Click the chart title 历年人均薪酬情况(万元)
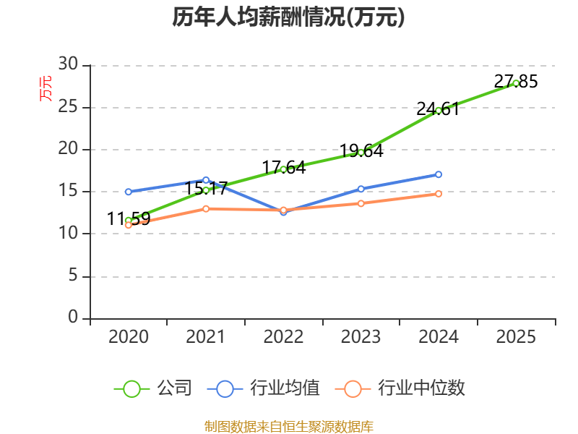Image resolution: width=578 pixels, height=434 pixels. (x=288, y=17)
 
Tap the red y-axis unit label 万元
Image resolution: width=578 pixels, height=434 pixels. (x=46, y=88)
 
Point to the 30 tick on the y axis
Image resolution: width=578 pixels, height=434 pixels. (x=68, y=64)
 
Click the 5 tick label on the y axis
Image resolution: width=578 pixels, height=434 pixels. (x=73, y=276)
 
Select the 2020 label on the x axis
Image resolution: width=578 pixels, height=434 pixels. (x=129, y=336)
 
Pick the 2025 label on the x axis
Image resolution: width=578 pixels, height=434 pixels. (x=516, y=336)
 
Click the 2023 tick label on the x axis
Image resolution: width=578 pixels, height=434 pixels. (x=361, y=336)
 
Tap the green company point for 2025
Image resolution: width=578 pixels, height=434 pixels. (x=516, y=83)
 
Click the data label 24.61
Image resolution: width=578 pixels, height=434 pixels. (x=438, y=109)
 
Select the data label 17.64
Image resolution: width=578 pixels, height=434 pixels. (x=284, y=168)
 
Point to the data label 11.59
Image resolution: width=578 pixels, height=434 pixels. (x=129, y=218)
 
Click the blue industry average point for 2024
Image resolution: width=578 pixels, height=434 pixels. (x=439, y=174)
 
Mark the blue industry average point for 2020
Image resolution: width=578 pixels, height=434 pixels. (x=129, y=192)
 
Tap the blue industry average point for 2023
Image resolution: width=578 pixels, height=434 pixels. (x=361, y=189)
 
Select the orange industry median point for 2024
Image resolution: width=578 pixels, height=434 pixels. (x=439, y=194)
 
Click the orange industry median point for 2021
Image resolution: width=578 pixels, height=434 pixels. (x=206, y=209)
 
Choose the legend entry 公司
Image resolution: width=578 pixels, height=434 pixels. (x=153, y=388)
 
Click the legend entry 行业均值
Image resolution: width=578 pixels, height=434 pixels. (x=263, y=388)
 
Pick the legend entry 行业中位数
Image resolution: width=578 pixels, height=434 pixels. (x=400, y=388)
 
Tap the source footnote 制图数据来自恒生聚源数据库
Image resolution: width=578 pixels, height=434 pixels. (x=289, y=427)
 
